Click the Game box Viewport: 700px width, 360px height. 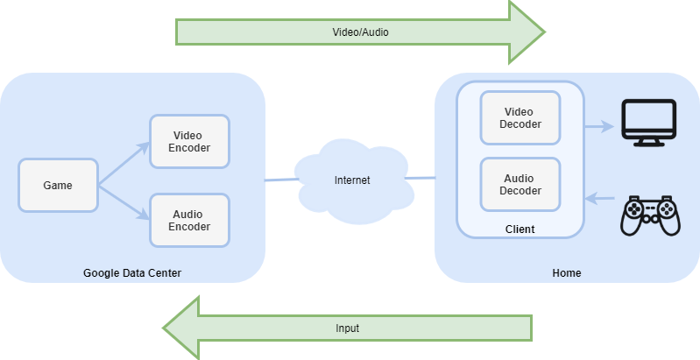(58, 186)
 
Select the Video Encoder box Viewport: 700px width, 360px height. (188, 142)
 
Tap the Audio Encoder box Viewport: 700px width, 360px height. (188, 220)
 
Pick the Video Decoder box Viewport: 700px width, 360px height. (520, 117)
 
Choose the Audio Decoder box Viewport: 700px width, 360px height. (520, 185)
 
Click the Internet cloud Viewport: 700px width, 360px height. (352, 180)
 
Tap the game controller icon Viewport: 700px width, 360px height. (649, 215)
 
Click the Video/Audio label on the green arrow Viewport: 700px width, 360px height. (360, 32)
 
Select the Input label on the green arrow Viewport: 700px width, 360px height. (347, 328)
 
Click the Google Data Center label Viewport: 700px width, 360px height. (132, 273)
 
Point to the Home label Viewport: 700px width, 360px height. (566, 273)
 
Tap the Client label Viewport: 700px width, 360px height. (520, 229)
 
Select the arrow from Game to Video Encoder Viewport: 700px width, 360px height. (123, 166)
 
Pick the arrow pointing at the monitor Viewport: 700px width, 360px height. (599, 127)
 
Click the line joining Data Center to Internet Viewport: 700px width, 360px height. (280, 180)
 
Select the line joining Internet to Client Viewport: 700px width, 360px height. (421, 179)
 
